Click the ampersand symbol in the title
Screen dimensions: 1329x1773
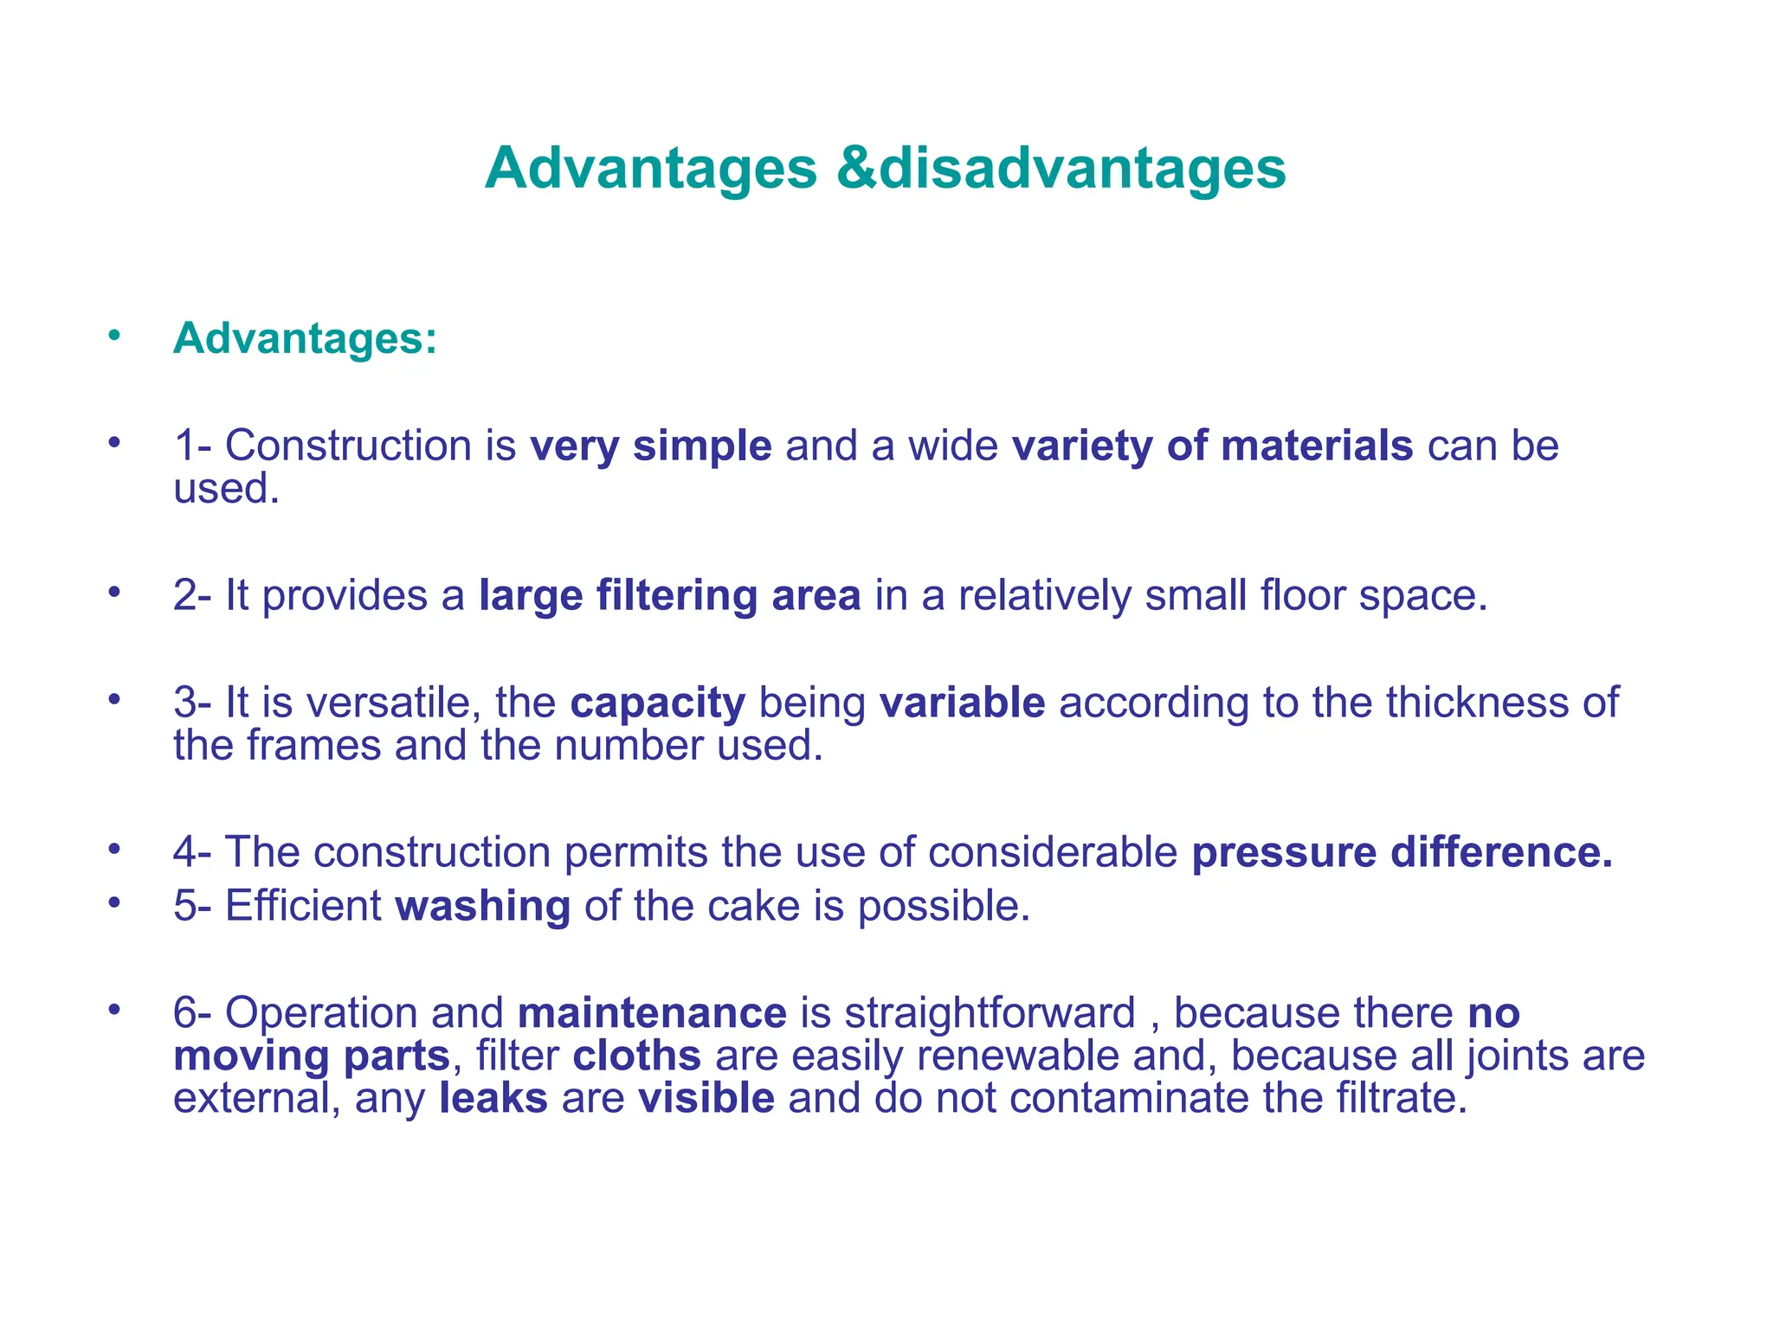[x=857, y=168]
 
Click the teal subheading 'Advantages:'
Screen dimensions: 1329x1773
[x=305, y=338]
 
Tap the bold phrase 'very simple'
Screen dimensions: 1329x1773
[x=650, y=446]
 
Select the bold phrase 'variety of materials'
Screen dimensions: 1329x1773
[x=1212, y=446]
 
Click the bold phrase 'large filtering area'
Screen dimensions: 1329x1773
[x=669, y=596]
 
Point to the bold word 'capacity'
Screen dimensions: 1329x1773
[x=657, y=703]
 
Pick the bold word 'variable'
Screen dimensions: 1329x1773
[x=962, y=703]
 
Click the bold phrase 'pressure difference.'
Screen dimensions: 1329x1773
[x=1402, y=853]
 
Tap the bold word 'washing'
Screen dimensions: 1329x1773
[x=482, y=907]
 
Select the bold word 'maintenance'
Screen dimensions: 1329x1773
[x=652, y=1013]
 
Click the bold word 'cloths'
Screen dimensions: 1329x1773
[x=636, y=1056]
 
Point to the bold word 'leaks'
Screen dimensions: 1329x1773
[x=493, y=1098]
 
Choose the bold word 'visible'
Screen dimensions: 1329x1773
[x=706, y=1098]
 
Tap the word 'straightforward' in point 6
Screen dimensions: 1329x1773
[x=990, y=1013]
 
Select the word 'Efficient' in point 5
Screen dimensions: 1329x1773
[x=303, y=907]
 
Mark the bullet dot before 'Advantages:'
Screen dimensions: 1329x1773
[x=114, y=336]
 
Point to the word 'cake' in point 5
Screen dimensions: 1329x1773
[x=752, y=907]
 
